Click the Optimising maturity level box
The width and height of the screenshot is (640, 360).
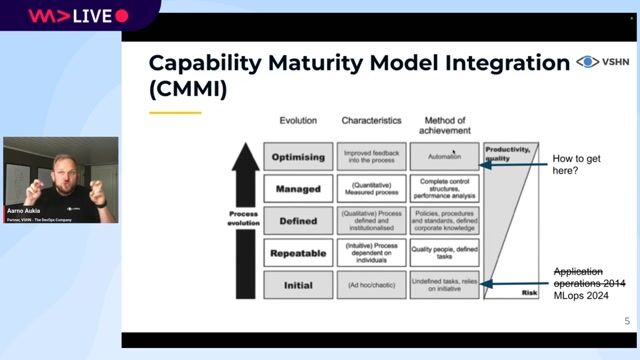298,157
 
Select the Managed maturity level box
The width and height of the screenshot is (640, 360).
298,188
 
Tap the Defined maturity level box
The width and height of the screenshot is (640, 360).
298,220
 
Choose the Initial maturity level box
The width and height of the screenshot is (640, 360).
298,284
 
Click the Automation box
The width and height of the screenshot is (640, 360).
444,157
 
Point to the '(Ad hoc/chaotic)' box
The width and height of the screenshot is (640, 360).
371,285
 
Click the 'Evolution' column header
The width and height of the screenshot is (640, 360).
298,120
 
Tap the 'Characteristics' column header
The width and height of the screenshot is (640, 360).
371,120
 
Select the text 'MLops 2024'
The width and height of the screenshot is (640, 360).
581,296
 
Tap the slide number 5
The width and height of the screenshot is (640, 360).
626,322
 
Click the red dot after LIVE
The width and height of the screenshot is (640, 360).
122,16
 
